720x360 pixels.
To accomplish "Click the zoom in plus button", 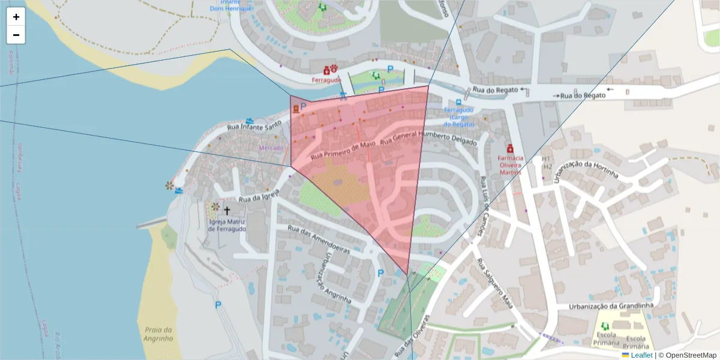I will (x=16, y=17).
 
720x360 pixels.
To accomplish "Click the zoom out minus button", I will (x=16, y=35).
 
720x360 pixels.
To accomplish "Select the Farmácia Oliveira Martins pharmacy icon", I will (x=510, y=148).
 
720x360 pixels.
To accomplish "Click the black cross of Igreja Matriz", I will (x=227, y=211).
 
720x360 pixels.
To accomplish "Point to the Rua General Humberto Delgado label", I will (x=428, y=139).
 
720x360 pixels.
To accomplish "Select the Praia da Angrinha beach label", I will (x=158, y=334).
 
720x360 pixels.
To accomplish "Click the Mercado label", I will (x=271, y=148).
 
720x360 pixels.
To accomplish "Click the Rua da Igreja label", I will (x=260, y=195).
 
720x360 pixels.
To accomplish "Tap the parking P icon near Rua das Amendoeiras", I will (x=380, y=273).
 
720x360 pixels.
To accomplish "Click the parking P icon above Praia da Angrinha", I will (x=218, y=305).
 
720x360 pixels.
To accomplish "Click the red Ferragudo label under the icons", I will (x=326, y=80).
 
